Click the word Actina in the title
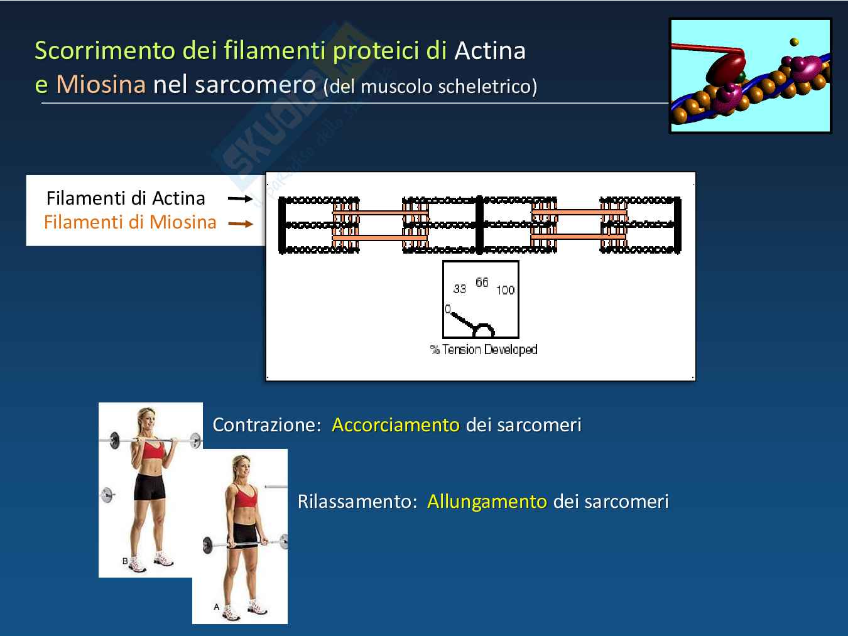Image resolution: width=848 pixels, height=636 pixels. tap(490, 51)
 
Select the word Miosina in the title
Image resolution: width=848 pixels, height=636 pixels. tap(101, 84)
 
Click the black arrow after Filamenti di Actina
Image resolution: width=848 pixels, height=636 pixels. tap(241, 199)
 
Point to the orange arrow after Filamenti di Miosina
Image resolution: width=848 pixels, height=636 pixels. tap(241, 224)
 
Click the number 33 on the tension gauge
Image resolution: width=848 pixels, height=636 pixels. tap(459, 289)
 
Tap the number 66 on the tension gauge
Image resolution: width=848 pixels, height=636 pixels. tap(482, 283)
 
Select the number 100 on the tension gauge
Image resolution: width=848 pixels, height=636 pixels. tap(505, 290)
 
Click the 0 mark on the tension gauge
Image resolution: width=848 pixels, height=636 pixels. tap(447, 309)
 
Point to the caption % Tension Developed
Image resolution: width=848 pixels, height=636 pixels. tap(484, 350)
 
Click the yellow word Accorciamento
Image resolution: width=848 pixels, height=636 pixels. tap(396, 425)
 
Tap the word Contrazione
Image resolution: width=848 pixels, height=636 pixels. tap(267, 425)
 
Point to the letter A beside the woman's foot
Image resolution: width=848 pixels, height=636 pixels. tap(216, 606)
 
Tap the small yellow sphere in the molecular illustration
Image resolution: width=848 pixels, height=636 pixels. tap(795, 41)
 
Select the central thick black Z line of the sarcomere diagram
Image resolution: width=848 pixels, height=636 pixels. tap(479, 225)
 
